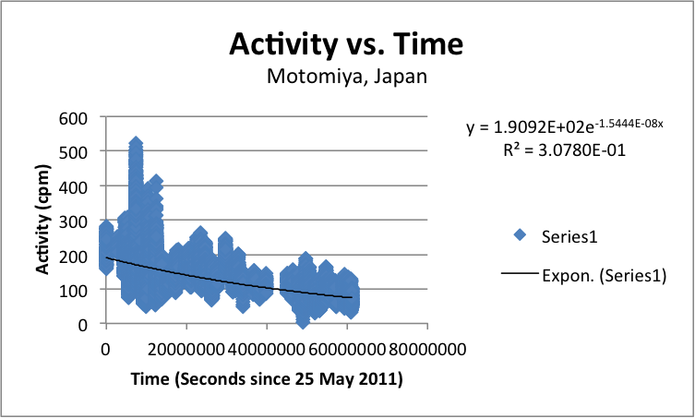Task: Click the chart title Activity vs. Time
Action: [346, 43]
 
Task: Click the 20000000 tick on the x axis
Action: [186, 350]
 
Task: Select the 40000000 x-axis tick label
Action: [267, 350]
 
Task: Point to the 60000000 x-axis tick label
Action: [347, 350]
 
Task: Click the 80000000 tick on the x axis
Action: [427, 350]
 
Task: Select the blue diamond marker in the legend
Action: [521, 236]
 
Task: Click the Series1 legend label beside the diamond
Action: [570, 236]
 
